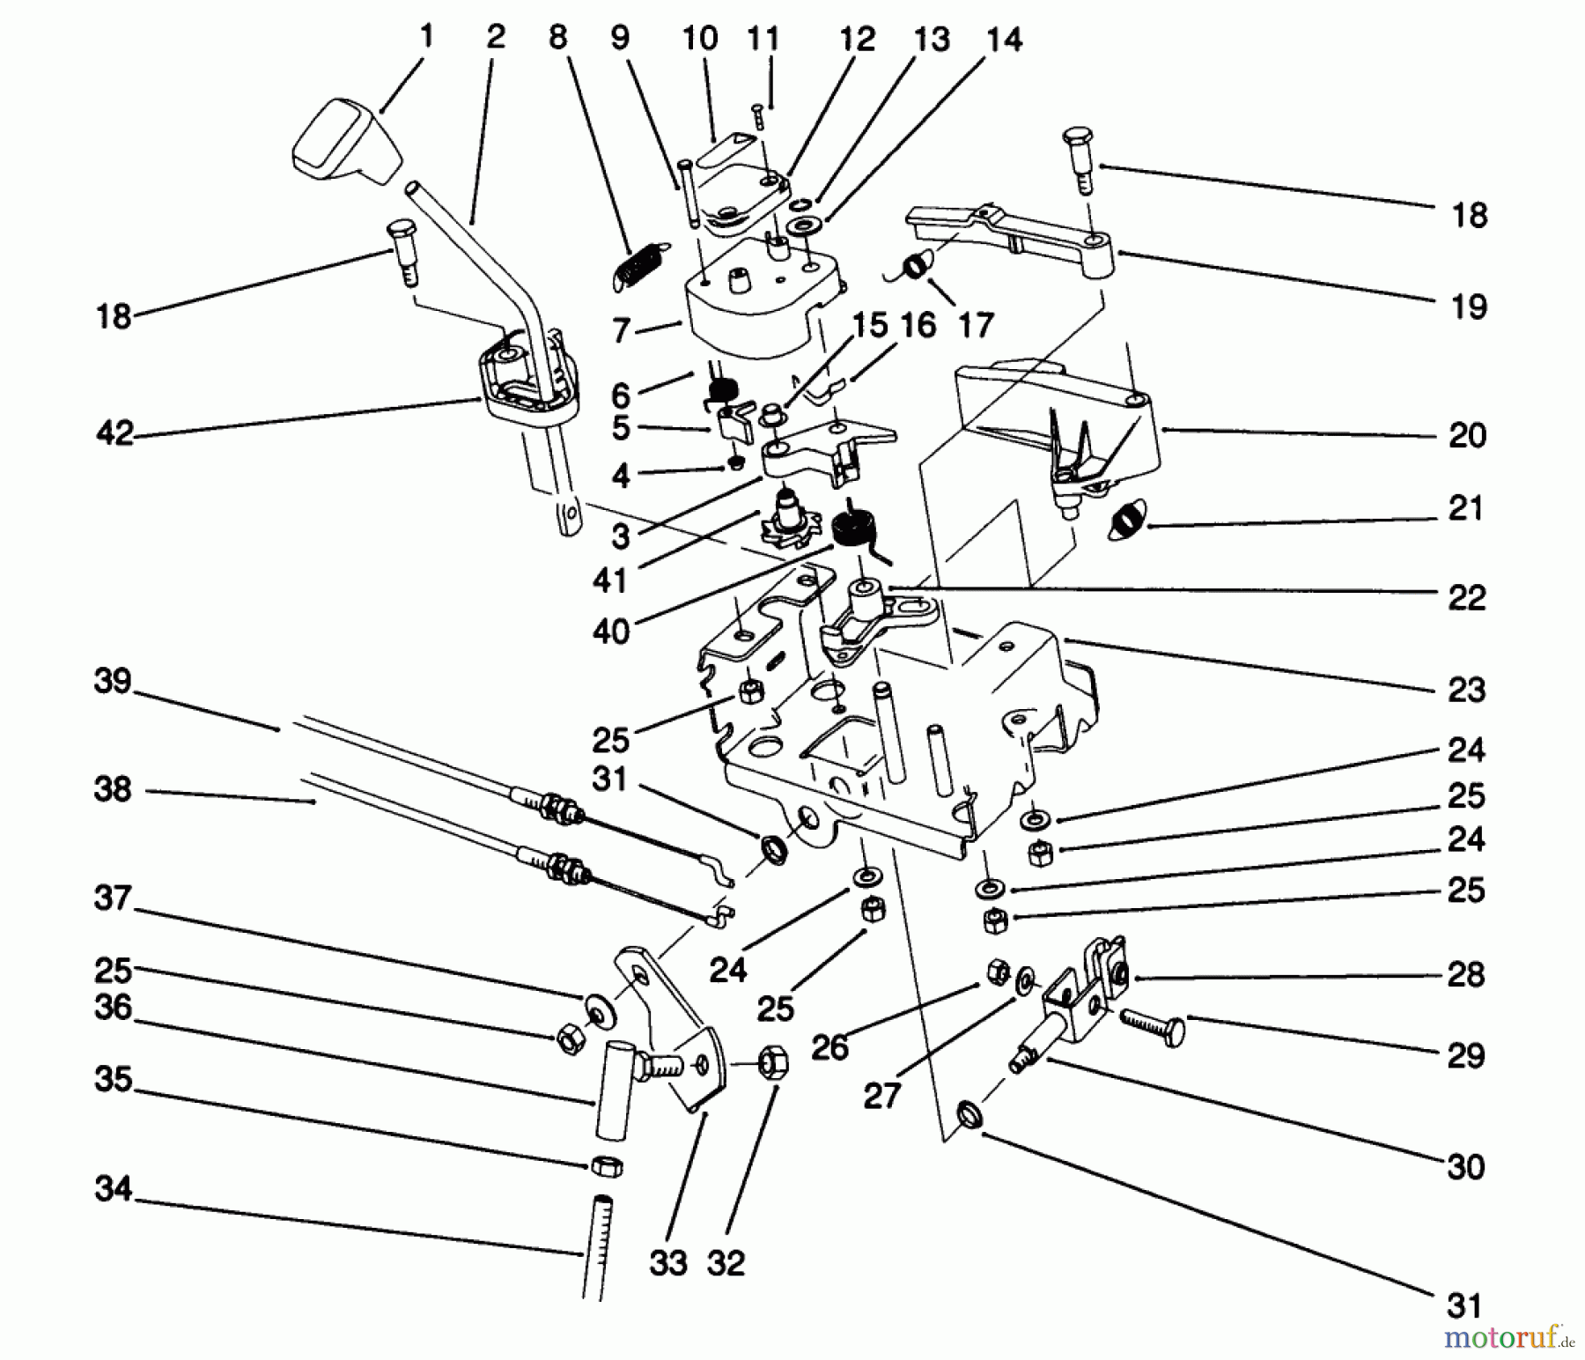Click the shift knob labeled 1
(345, 143)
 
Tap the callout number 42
(115, 433)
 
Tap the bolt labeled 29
(1152, 1028)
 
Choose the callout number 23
(1466, 690)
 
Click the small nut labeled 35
(606, 1166)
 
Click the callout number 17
(975, 326)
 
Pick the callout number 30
(1466, 1167)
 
